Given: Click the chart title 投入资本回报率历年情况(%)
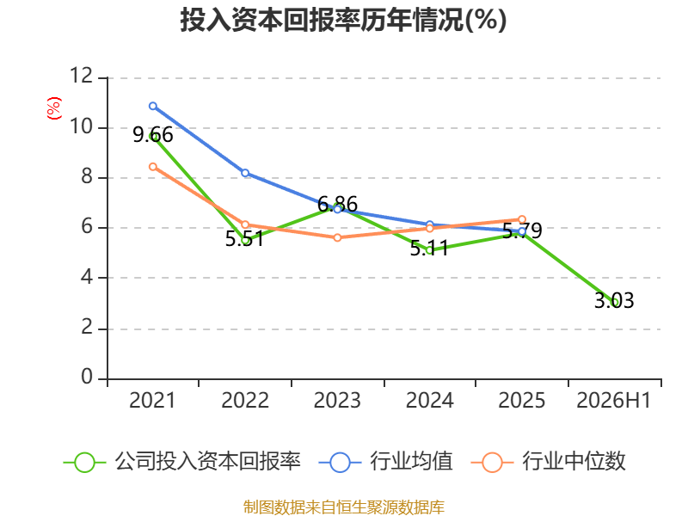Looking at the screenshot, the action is [x=343, y=20].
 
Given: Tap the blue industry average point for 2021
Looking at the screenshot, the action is [x=153, y=106].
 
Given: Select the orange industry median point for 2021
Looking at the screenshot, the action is [x=153, y=167].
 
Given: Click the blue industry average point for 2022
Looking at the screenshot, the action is [x=245, y=173].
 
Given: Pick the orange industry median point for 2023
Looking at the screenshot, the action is [x=337, y=237].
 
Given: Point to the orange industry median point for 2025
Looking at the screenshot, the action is [x=522, y=219].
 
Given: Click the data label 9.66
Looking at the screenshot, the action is [x=153, y=135].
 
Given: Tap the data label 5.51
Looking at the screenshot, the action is [x=245, y=239].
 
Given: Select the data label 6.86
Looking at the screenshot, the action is [x=337, y=204].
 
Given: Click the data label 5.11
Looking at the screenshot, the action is [x=429, y=249].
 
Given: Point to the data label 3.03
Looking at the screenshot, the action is [x=614, y=300].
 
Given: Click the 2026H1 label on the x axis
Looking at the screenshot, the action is [x=614, y=400].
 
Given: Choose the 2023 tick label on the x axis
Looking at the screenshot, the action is [x=337, y=400].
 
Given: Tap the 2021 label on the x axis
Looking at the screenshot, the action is [x=152, y=400].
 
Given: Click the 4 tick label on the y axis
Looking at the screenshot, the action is [x=87, y=277].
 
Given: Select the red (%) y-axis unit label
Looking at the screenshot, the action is [x=54, y=108].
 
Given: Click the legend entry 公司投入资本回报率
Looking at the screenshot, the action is [x=182, y=462].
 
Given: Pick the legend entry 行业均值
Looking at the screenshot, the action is [x=385, y=462].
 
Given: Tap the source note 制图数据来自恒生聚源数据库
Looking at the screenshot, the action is [x=344, y=507].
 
